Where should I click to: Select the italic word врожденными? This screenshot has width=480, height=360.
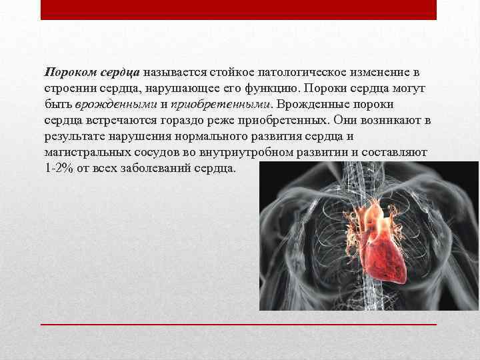point(116,104)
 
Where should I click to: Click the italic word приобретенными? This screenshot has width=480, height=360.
point(220,104)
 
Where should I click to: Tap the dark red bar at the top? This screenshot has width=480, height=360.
point(239,9)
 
